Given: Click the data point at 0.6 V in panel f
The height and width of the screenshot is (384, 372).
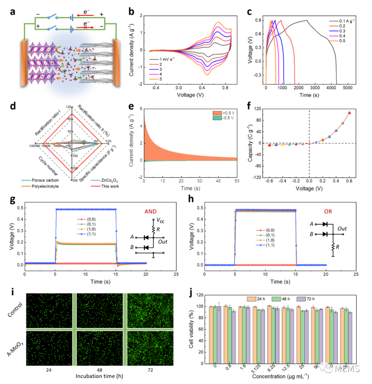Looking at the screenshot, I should point(349,113).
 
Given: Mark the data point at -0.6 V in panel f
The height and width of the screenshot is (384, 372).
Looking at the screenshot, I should point(269,145).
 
